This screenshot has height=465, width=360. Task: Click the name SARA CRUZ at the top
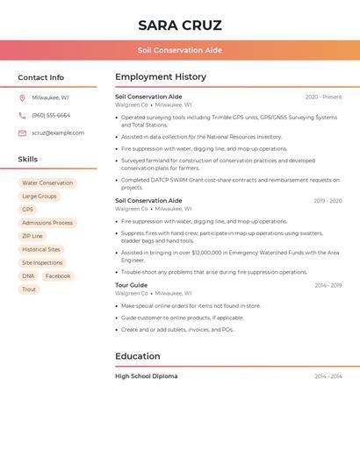tap(180, 25)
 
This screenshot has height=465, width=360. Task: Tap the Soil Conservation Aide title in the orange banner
tap(180, 50)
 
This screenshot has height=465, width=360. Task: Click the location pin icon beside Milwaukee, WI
tap(22, 98)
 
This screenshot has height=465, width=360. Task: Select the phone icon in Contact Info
tap(22, 116)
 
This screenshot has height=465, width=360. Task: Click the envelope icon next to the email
tap(22, 133)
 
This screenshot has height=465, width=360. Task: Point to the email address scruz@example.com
tap(58, 133)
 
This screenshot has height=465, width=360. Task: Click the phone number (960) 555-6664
tap(51, 116)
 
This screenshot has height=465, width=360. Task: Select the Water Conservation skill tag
tap(47, 183)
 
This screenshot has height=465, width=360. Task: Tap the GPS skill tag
tap(27, 210)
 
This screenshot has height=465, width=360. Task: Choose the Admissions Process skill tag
tap(47, 223)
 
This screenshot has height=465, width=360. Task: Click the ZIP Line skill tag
tap(32, 236)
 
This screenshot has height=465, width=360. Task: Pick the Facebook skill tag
tap(58, 276)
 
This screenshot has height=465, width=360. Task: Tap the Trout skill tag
tap(29, 290)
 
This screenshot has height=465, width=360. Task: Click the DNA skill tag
tap(28, 276)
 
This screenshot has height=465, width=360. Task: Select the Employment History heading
tap(161, 77)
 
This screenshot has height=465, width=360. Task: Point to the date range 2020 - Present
tap(323, 97)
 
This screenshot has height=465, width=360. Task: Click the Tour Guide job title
tap(132, 285)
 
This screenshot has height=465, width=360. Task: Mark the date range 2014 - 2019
tap(328, 285)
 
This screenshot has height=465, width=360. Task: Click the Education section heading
tap(138, 356)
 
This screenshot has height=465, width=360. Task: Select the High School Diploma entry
tap(146, 376)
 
